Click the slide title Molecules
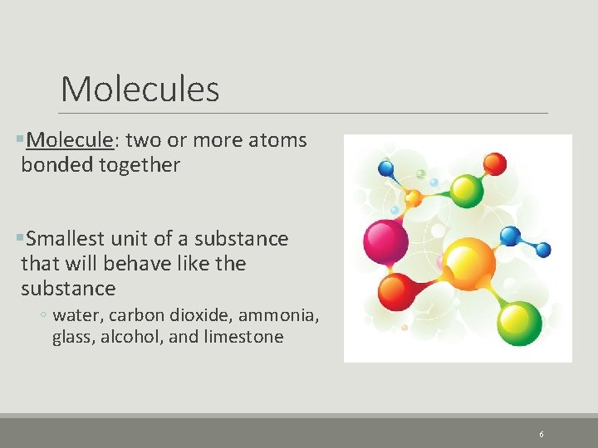click(x=140, y=89)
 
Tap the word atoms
click(x=278, y=140)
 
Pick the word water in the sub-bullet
click(x=74, y=315)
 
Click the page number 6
click(x=542, y=434)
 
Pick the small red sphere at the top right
click(x=494, y=163)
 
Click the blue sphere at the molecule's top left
click(x=386, y=169)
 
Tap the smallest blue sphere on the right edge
click(x=543, y=250)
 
